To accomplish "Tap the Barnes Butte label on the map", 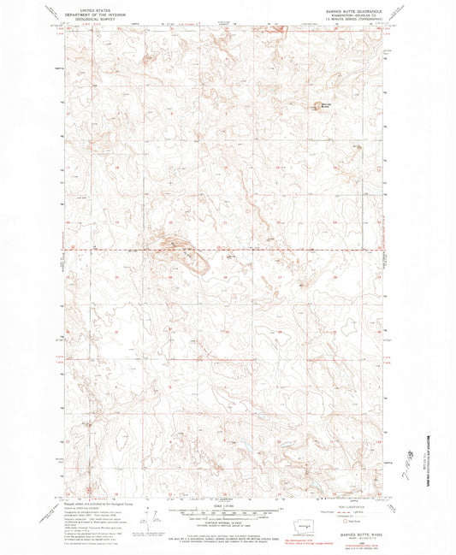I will (x=325, y=105).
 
